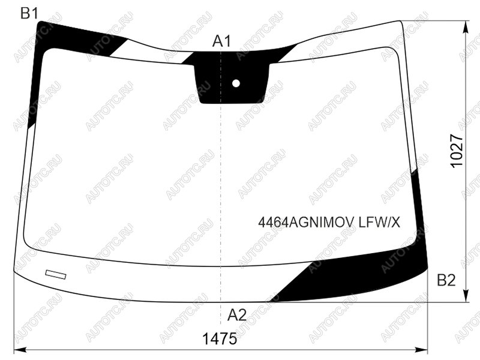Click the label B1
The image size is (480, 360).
tap(29, 13)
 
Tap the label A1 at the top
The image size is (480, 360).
tap(221, 41)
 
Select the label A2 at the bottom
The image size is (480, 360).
tap(237, 314)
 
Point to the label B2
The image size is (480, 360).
tap(446, 280)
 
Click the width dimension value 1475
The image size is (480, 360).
tap(220, 338)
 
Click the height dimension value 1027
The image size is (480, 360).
tap(457, 151)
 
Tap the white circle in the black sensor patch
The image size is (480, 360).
tap(236, 83)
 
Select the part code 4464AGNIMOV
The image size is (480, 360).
tap(307, 222)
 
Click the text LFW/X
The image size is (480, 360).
tap(380, 222)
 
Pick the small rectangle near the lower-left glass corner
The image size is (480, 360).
tap(56, 274)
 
